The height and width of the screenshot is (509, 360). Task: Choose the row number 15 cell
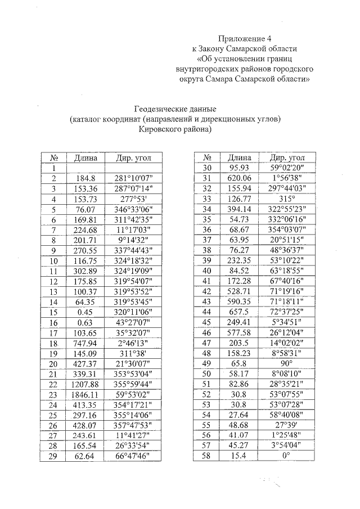(x=55, y=312)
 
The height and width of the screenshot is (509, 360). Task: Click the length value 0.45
(x=85, y=312)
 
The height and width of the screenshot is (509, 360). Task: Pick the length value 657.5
(x=239, y=312)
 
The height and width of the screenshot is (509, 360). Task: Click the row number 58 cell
(x=207, y=456)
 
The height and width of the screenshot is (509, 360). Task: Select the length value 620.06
(x=239, y=178)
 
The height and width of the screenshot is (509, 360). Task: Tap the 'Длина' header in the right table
(x=239, y=157)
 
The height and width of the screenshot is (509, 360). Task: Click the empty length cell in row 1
(x=85, y=168)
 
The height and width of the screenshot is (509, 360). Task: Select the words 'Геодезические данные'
(x=175, y=109)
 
